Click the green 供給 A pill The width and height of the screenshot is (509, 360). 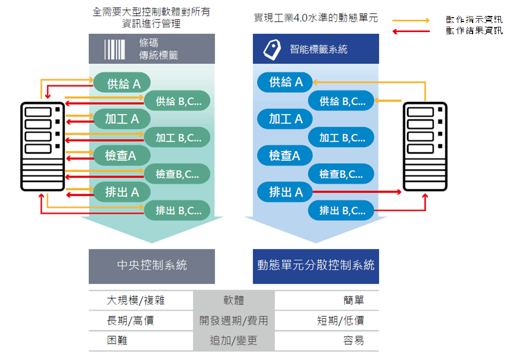(122, 83)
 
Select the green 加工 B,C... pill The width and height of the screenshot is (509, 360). (177, 137)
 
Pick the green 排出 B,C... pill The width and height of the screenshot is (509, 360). (177, 210)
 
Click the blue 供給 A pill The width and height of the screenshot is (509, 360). (286, 82)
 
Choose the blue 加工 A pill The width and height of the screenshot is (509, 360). (286, 119)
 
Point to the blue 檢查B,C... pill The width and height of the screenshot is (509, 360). (341, 174)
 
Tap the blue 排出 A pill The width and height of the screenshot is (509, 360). (286, 192)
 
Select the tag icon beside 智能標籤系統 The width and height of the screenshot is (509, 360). (272, 49)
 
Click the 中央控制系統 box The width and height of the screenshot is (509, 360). (152, 266)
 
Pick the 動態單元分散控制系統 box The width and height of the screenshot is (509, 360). (316, 266)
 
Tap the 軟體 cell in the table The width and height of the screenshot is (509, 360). (234, 301)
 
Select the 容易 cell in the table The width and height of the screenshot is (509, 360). (353, 340)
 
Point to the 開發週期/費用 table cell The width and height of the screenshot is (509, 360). (234, 321)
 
